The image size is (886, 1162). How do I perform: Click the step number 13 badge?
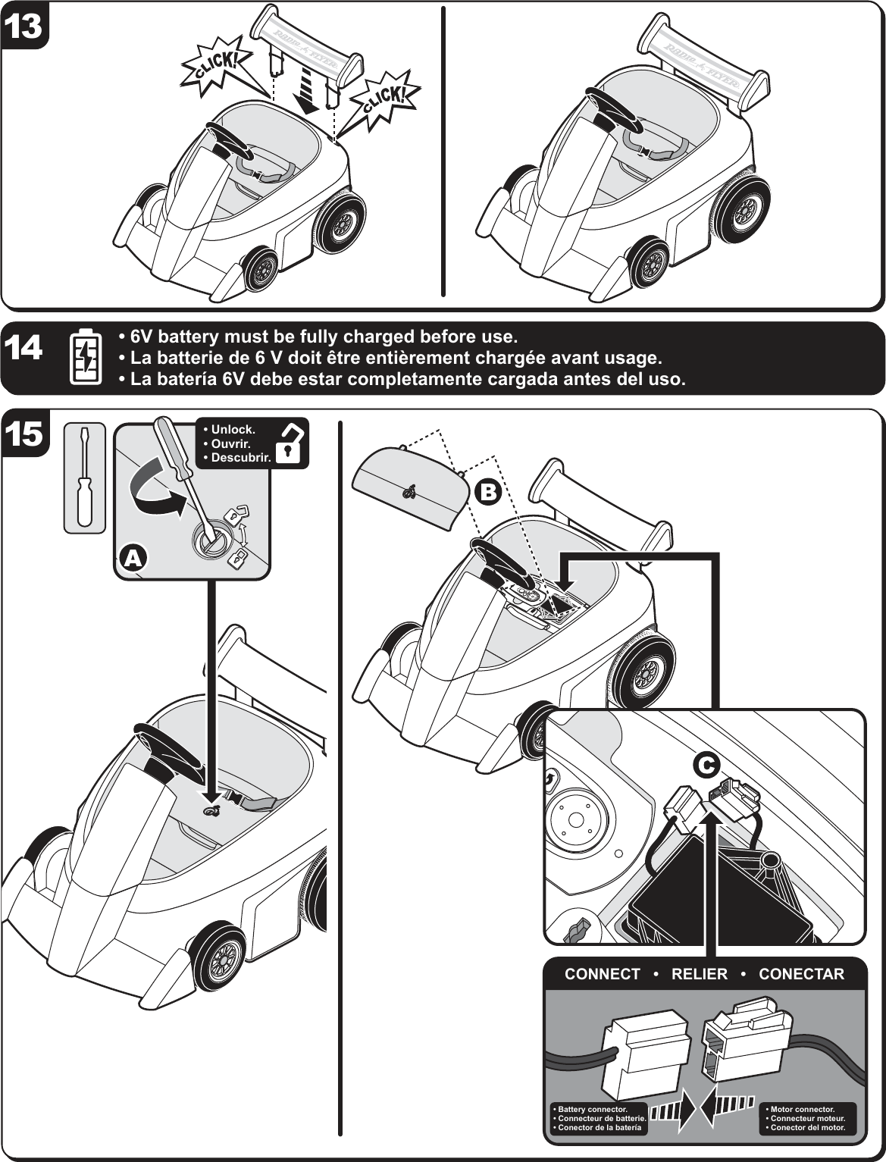pos(23,26)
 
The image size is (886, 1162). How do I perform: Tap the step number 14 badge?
pos(23,349)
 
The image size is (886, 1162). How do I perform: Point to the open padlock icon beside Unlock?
pos(290,443)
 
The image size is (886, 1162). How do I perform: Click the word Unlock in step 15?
pos(232,430)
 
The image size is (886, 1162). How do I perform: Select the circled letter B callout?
pos(488,493)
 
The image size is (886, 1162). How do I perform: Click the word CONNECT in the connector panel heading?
pos(602,975)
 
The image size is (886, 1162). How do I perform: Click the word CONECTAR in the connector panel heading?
pos(801,975)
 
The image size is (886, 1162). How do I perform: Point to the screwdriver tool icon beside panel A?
pos(84,477)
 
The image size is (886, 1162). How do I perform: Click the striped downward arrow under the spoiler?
pos(309,89)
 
